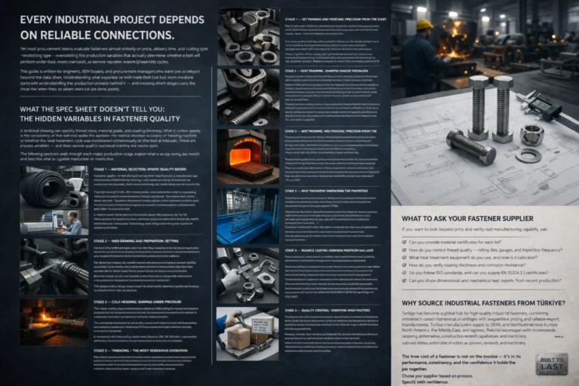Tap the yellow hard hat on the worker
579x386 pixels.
tap(425, 25)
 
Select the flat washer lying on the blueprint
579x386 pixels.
tap(528, 155)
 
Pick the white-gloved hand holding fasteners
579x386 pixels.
tap(231, 278)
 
